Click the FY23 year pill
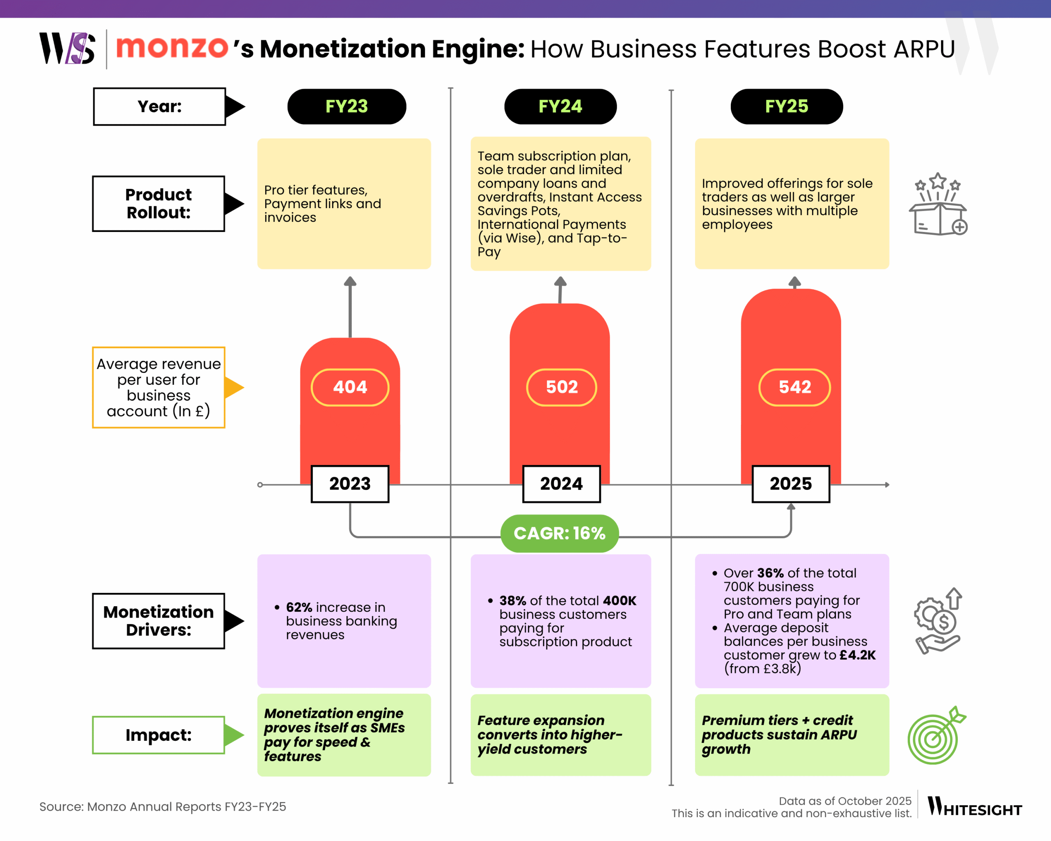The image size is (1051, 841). [347, 106]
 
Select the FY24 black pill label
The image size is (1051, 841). [560, 106]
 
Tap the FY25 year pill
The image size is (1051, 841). [786, 106]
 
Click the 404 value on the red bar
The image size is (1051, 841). [350, 387]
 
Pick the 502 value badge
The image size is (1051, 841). [562, 387]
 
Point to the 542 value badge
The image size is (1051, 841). [794, 387]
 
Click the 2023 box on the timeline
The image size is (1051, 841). [350, 484]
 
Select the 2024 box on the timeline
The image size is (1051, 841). [561, 484]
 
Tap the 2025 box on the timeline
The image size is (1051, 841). [791, 484]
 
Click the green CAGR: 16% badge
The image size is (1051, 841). [560, 533]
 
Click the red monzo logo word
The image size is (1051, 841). [172, 48]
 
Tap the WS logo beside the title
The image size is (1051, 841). [67, 48]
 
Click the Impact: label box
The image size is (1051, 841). [158, 735]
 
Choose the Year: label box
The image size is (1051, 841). [159, 106]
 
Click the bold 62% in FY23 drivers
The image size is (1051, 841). [299, 607]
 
